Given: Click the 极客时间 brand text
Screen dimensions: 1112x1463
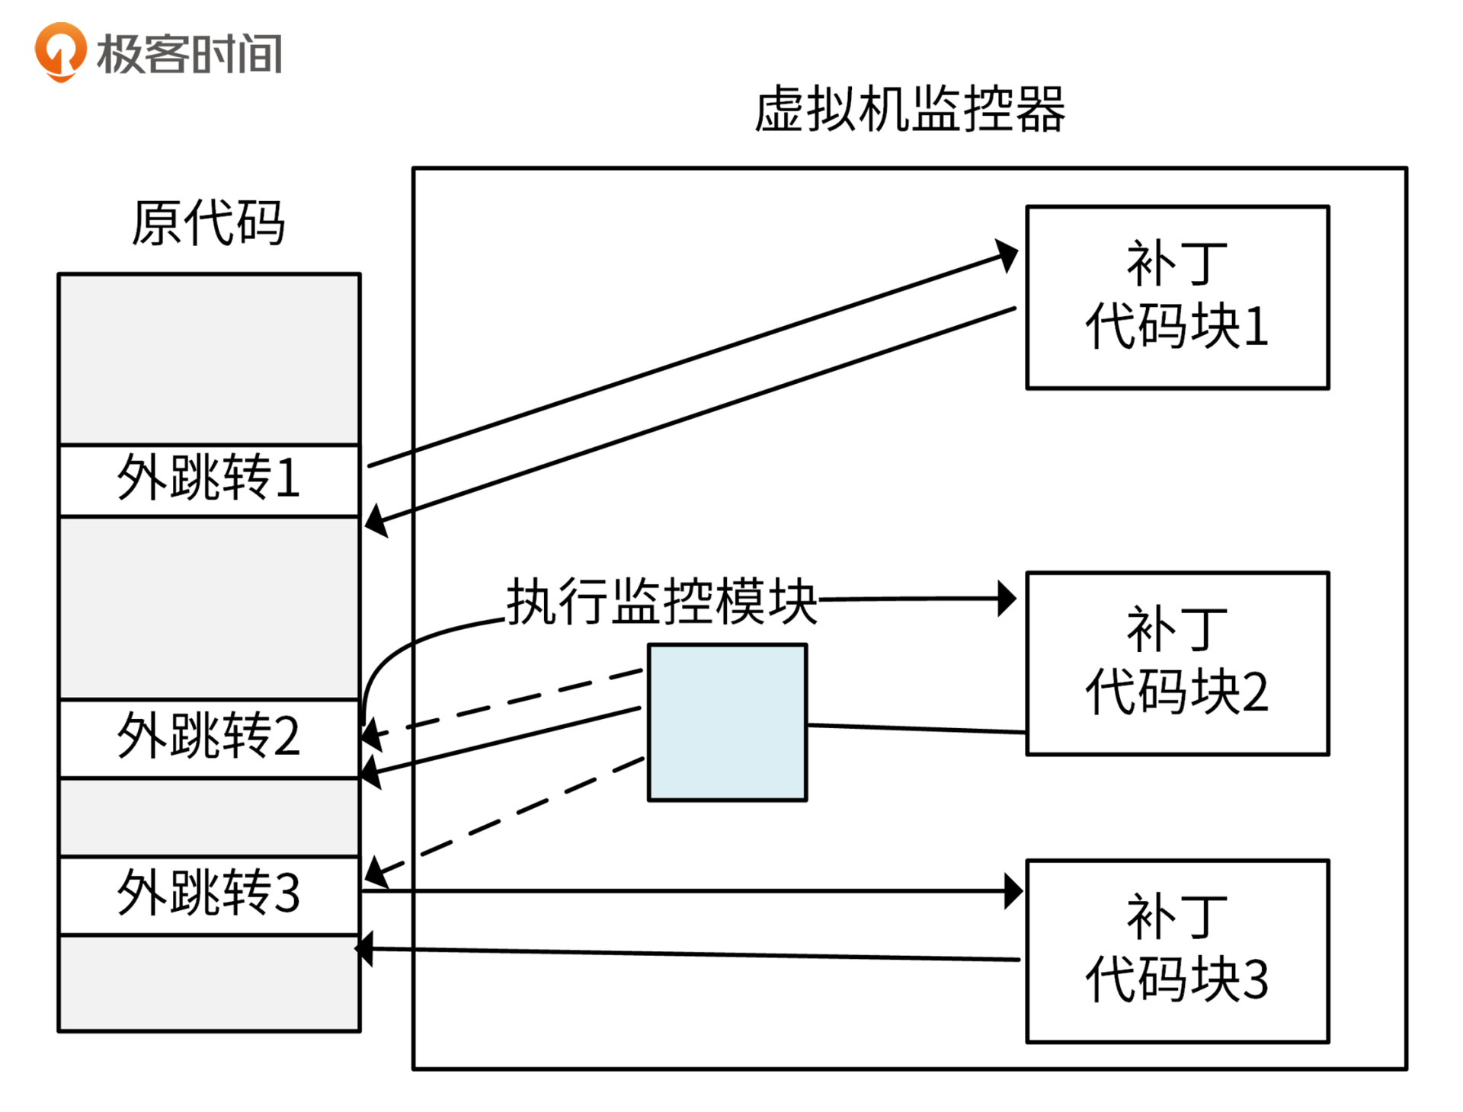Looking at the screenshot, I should click(x=189, y=54).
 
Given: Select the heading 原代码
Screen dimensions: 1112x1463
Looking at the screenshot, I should click(x=208, y=223).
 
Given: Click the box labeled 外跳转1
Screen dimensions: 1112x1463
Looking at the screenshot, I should click(x=209, y=480).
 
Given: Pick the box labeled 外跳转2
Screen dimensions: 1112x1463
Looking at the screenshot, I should click(x=209, y=737).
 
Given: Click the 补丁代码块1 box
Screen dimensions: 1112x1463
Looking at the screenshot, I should click(x=1176, y=297).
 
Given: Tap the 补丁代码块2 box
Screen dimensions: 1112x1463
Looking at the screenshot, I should click(x=1176, y=663).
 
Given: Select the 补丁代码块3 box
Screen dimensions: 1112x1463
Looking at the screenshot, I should click(x=1176, y=951).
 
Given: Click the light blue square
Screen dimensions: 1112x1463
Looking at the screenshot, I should click(x=727, y=722).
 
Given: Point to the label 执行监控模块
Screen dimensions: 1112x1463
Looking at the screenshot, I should click(x=661, y=602).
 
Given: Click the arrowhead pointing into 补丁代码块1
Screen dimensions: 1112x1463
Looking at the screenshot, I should click(x=1007, y=255).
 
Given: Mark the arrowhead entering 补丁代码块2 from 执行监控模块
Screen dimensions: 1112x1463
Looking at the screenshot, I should click(x=1007, y=599).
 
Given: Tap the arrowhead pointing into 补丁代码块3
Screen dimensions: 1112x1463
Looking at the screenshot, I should click(x=1013, y=890).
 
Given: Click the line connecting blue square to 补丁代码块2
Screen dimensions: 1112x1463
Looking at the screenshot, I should click(x=914, y=729).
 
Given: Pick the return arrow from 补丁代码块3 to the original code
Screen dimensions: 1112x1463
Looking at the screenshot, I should click(x=686, y=954).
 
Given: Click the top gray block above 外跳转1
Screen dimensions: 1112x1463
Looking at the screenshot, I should click(x=209, y=358).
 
